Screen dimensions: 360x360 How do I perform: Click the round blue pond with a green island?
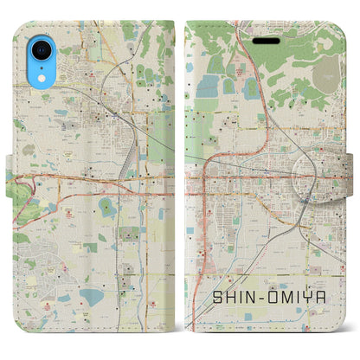106,207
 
